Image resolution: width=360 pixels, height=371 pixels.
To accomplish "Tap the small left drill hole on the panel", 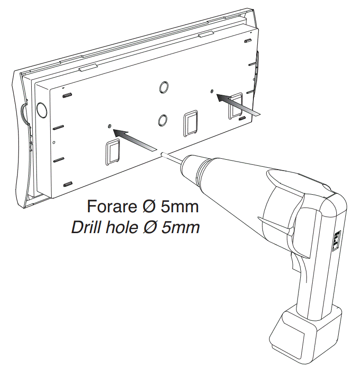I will coord(110,126).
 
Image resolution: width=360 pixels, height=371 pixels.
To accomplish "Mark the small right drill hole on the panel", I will coord(212,90).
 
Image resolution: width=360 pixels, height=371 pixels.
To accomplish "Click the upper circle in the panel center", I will coord(162,87).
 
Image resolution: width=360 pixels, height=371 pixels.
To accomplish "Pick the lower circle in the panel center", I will coord(162,119).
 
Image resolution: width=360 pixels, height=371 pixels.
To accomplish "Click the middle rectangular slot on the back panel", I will coord(190,123).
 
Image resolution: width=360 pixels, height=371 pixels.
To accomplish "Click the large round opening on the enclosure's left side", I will coord(42,111).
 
